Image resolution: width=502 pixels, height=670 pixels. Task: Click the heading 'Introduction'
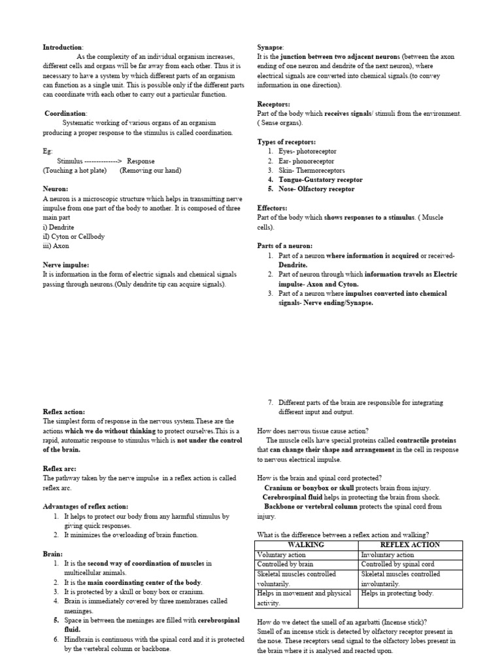[x=63, y=48]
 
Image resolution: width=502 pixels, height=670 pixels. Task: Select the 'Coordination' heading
[x=65, y=113]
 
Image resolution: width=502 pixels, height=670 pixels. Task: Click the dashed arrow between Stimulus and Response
[x=100, y=161]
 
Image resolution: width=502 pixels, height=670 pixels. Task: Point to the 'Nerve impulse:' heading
[x=66, y=265]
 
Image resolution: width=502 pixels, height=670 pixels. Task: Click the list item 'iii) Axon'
[x=56, y=246]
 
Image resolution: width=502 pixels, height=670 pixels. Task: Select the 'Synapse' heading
[x=271, y=48]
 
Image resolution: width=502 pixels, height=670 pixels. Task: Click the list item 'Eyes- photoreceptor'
[x=306, y=151]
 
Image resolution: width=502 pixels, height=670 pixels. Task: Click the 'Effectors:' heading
[x=273, y=208]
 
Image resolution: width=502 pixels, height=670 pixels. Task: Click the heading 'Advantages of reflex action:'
[x=85, y=506]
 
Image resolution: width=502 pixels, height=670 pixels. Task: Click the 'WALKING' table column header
[x=306, y=545]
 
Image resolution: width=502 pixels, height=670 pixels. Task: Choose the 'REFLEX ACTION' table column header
[x=410, y=545]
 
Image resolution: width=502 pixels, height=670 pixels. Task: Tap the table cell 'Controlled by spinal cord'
[x=397, y=564]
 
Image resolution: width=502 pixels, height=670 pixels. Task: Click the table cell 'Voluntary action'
[x=282, y=555]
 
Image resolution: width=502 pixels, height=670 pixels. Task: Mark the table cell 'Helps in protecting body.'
[x=397, y=593]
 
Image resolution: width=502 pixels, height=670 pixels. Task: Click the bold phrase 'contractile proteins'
[x=418, y=440]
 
